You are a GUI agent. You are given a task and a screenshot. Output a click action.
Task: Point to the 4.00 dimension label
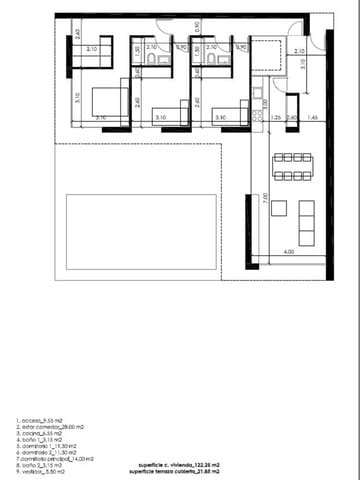[x=288, y=252]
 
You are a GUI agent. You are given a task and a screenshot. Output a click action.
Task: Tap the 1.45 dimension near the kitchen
[x=313, y=117]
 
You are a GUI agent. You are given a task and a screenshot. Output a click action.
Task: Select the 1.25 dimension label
[x=276, y=117]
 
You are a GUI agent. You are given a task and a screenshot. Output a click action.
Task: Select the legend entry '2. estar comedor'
[x=46, y=427]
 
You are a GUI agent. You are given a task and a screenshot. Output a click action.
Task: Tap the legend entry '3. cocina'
[x=39, y=433]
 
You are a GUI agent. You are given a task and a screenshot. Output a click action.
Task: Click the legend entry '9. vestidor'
[x=40, y=470]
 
